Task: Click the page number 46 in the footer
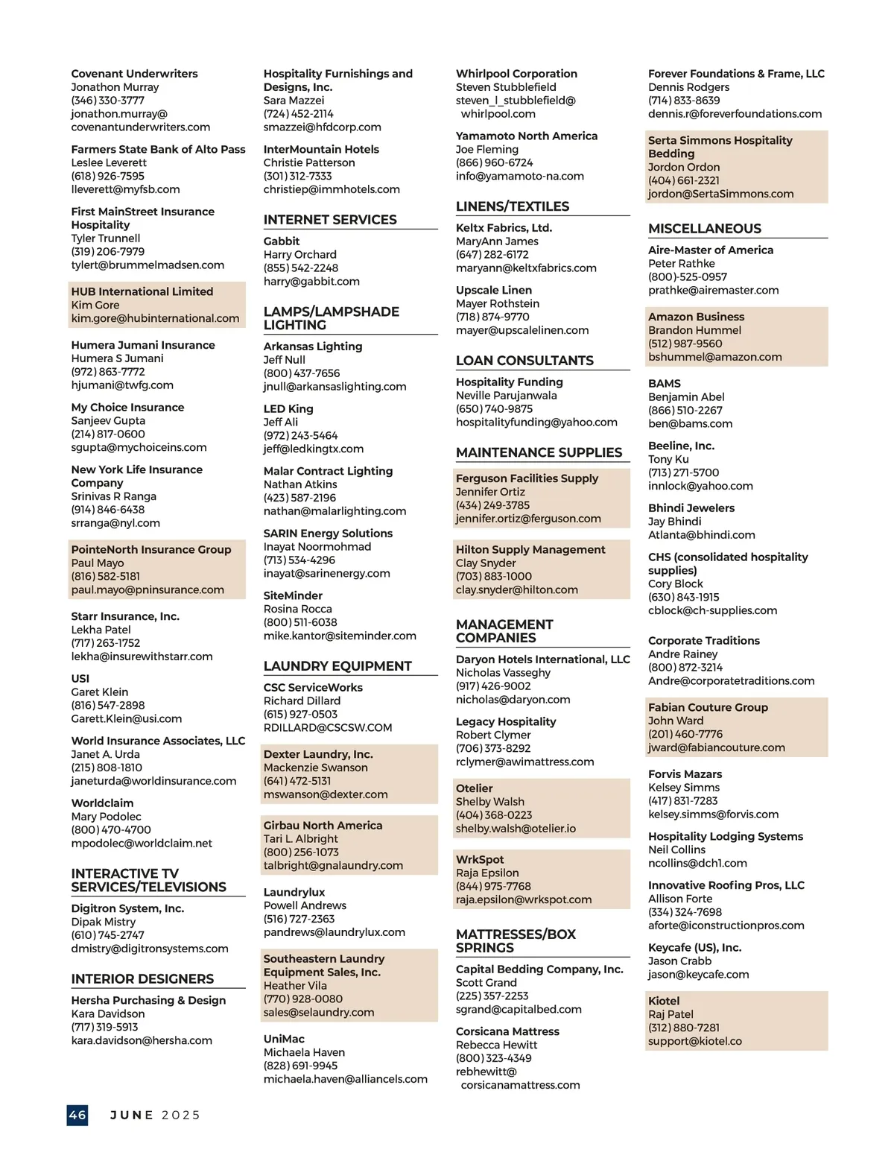pos(77,1115)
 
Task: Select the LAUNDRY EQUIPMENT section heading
pos(337,666)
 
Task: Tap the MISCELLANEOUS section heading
pos(705,229)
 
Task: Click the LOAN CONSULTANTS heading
pos(524,361)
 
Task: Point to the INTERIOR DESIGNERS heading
pos(142,979)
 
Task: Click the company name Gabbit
pos(282,241)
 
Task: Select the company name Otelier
pos(475,788)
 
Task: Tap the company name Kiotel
pos(664,1001)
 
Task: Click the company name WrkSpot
pos(480,860)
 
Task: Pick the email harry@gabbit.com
pos(311,282)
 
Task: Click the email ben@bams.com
pos(690,424)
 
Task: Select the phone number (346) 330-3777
pos(108,101)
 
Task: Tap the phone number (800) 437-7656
pos(302,373)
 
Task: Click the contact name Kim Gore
pos(95,306)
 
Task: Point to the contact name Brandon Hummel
pos(694,330)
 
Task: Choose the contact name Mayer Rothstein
pos(498,304)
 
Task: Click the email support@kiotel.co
pos(695,1041)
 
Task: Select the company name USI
pos(80,679)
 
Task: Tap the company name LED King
pos(288,409)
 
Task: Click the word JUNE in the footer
pos(132,1116)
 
